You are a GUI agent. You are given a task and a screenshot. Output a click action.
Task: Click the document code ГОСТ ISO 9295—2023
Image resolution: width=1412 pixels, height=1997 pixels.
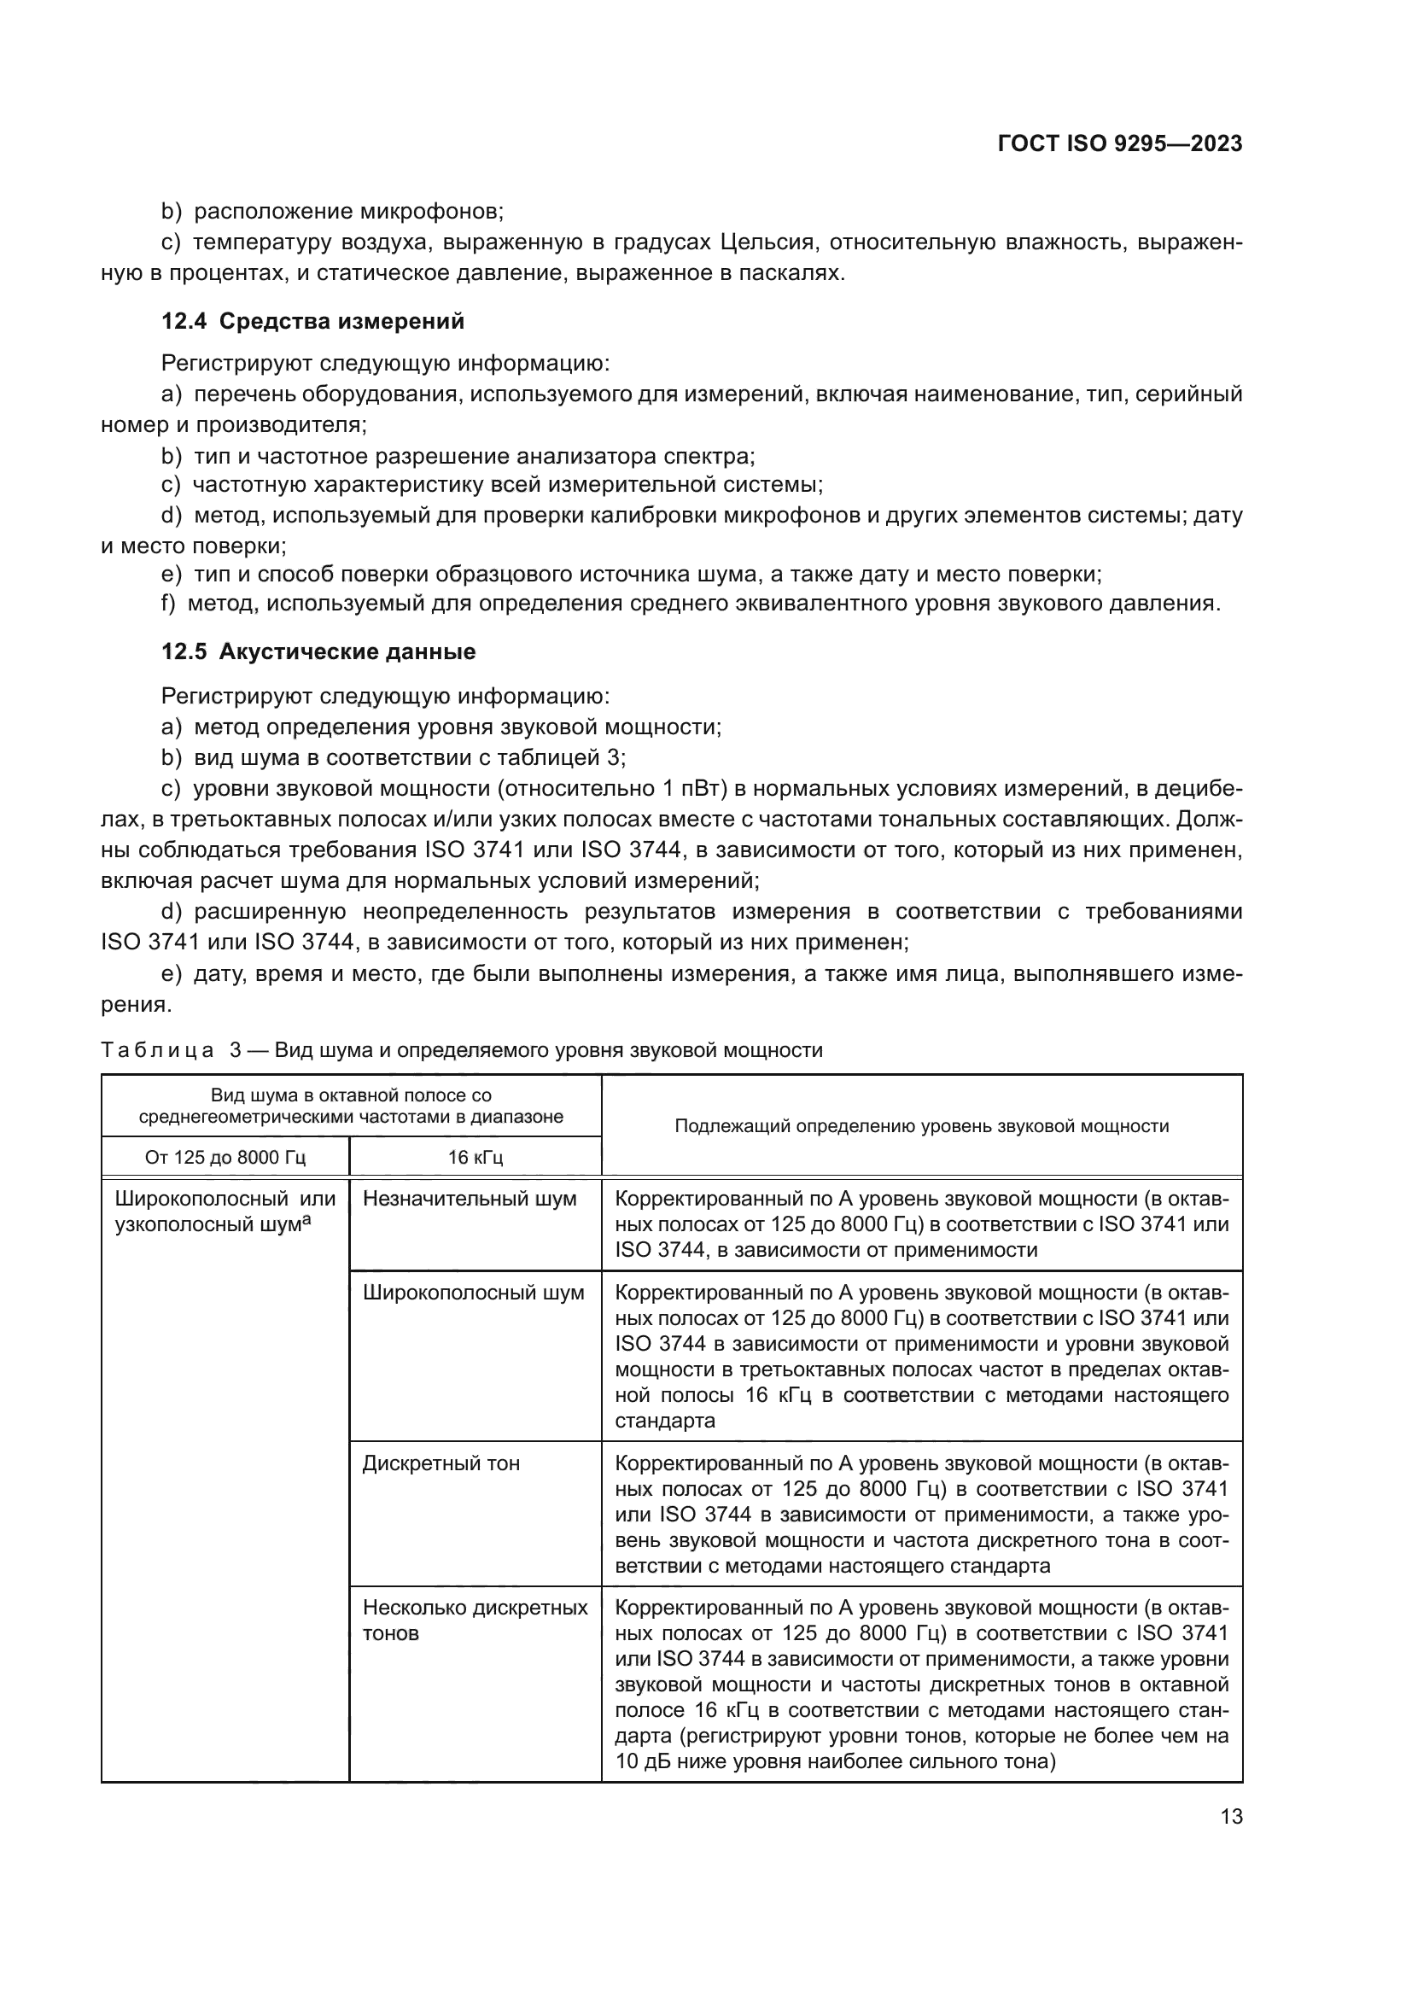pyautogui.click(x=1120, y=144)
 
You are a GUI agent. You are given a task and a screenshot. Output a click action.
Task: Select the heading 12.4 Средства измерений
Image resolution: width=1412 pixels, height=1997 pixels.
pyautogui.click(x=313, y=322)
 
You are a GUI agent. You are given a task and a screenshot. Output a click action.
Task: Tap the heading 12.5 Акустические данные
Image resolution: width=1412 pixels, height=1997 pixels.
pyautogui.click(x=318, y=651)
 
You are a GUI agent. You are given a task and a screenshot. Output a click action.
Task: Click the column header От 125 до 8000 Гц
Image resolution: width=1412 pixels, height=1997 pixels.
pyautogui.click(x=225, y=1158)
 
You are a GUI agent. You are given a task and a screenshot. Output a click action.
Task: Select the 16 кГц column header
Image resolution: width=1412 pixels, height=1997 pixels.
pyautogui.click(x=475, y=1158)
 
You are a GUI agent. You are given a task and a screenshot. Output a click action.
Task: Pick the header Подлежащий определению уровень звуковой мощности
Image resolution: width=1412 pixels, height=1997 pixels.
pyautogui.click(x=922, y=1126)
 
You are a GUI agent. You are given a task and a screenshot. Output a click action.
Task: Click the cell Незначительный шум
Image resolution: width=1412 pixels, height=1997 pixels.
pyautogui.click(x=470, y=1199)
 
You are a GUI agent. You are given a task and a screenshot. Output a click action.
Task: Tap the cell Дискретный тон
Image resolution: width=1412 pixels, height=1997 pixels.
pyautogui.click(x=441, y=1463)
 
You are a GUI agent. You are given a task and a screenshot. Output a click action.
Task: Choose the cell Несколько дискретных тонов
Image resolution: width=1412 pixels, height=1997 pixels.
pyautogui.click(x=475, y=1620)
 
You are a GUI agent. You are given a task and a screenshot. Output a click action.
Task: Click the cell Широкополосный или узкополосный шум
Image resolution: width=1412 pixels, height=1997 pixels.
pyautogui.click(x=225, y=1212)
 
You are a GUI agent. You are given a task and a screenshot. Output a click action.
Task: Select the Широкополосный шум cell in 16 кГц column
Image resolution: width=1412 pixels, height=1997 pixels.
pyautogui.click(x=473, y=1293)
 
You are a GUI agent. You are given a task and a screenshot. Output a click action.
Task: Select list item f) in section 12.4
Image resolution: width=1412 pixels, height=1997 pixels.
pyautogui.click(x=691, y=603)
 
